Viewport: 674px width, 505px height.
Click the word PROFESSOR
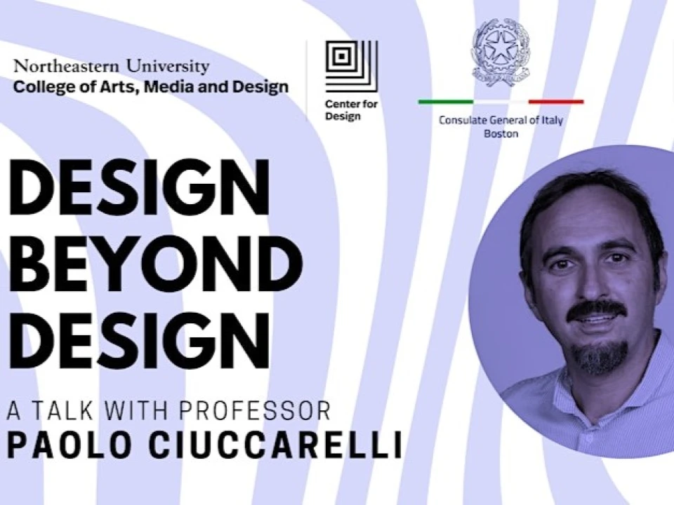click(254, 410)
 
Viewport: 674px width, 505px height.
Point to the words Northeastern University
click(112, 66)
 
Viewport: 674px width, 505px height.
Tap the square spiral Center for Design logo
click(352, 66)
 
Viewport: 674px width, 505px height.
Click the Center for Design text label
click(351, 110)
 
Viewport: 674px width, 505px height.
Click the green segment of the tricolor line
click(446, 102)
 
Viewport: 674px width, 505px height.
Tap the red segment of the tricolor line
click(556, 102)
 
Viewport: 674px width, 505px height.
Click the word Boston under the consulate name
click(501, 133)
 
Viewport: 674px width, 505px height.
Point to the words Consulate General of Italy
click(501, 120)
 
